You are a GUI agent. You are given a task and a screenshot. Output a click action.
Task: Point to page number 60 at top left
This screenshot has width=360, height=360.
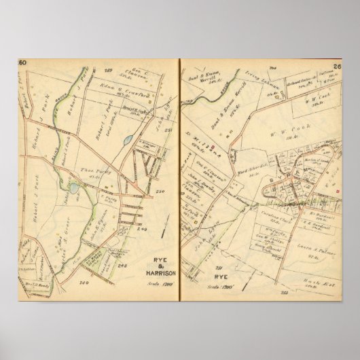point(22,63)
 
